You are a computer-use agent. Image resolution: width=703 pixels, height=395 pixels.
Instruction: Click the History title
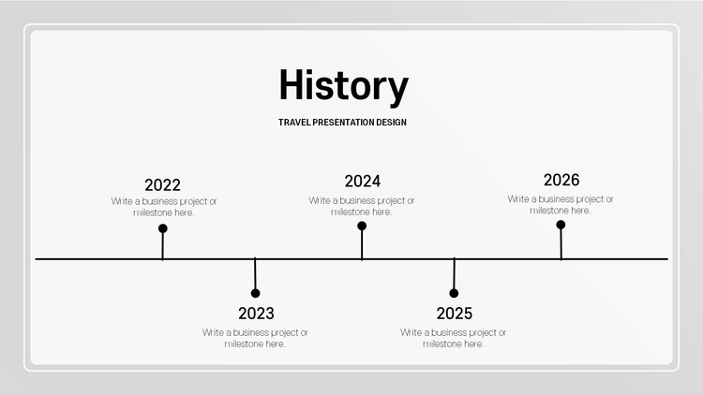(343, 86)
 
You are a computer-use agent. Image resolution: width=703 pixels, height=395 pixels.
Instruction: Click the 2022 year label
(162, 185)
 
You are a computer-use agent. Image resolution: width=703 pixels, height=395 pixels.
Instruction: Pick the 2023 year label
(256, 314)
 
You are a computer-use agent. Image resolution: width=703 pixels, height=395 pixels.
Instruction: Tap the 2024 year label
(362, 182)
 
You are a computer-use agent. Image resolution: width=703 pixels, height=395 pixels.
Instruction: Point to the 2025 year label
(455, 314)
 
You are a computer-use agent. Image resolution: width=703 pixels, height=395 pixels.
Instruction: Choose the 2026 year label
(561, 180)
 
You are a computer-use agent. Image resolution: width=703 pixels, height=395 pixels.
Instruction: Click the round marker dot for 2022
(163, 228)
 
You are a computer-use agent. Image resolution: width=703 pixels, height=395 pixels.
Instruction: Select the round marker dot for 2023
(256, 293)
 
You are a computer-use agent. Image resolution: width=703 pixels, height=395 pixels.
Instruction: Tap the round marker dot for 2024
(362, 227)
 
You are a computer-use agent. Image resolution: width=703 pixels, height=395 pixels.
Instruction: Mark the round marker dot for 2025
(454, 293)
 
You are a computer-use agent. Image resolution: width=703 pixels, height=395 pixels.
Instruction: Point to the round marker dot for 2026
(561, 225)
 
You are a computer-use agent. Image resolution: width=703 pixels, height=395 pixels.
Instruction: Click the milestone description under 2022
(164, 207)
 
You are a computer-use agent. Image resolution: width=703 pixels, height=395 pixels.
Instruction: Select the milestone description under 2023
(255, 338)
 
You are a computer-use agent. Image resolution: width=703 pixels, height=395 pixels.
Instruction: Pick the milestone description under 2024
(362, 206)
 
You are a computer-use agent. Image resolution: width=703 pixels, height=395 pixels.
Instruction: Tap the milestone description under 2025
(453, 338)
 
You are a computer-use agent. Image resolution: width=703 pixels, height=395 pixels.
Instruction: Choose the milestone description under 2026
(560, 205)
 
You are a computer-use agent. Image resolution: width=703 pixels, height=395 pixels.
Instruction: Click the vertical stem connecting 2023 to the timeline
(255, 274)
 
